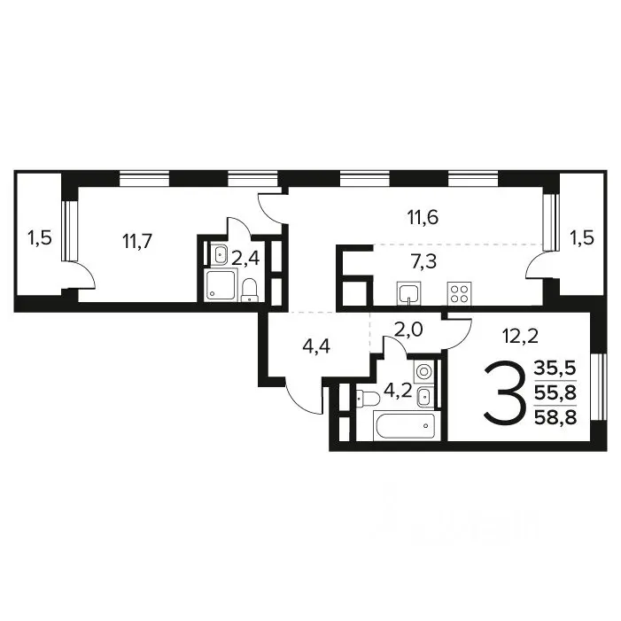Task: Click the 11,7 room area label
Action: [x=137, y=241]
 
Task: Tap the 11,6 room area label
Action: [x=423, y=217]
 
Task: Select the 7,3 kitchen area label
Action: [x=423, y=262]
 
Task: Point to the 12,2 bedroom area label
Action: [x=520, y=337]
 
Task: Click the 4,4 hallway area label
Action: [x=316, y=346]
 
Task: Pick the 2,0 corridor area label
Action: [x=409, y=330]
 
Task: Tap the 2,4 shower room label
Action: [x=245, y=259]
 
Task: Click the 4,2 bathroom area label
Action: [x=398, y=391]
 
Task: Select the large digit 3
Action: [x=505, y=393]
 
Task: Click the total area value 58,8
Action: [x=555, y=417]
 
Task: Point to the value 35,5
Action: [x=555, y=369]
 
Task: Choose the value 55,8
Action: [x=555, y=393]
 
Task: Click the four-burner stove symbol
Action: [x=460, y=293]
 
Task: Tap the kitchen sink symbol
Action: [x=408, y=293]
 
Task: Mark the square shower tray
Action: [x=221, y=284]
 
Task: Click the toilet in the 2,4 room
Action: [x=250, y=290]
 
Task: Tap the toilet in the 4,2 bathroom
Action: [x=368, y=398]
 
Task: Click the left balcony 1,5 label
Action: [x=40, y=238]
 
